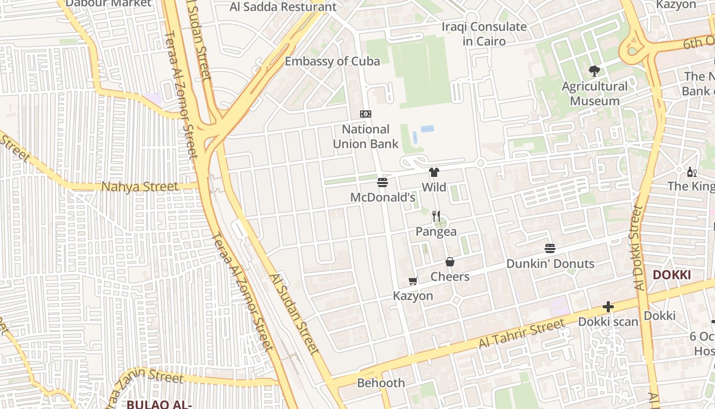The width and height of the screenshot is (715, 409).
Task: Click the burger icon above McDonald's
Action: click(383, 183)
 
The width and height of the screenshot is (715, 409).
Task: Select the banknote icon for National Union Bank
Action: click(366, 114)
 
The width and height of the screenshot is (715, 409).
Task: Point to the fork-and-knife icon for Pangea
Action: click(436, 216)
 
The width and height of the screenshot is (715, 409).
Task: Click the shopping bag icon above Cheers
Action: click(450, 262)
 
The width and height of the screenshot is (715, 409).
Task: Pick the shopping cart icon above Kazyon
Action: click(413, 281)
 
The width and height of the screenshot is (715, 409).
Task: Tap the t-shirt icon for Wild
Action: click(434, 172)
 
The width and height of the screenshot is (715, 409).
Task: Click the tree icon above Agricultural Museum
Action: click(594, 71)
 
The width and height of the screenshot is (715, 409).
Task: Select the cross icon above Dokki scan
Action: click(608, 307)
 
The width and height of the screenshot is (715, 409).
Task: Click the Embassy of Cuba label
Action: click(332, 61)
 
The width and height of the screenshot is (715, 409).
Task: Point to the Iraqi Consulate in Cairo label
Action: click(484, 34)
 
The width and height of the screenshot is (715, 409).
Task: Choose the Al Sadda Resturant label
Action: click(283, 7)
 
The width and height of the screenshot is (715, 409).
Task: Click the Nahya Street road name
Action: click(140, 187)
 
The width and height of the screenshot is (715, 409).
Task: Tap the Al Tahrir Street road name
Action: click(522, 334)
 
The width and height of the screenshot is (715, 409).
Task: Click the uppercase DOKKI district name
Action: click(672, 275)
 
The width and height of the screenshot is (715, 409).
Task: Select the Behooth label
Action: click(380, 383)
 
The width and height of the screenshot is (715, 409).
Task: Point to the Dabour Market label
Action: click(109, 3)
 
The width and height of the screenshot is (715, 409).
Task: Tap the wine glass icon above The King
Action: click(692, 172)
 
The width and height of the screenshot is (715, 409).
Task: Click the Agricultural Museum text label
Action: click(594, 94)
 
